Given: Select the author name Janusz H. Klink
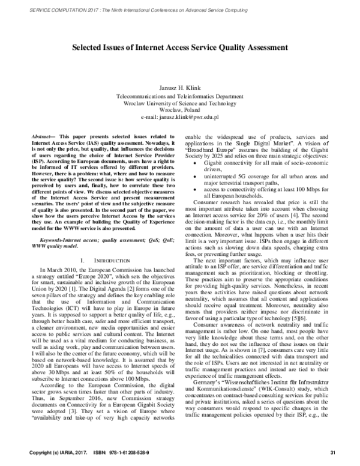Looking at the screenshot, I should click(x=179, y=88).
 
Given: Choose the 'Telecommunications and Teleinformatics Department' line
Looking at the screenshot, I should click(x=179, y=95).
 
